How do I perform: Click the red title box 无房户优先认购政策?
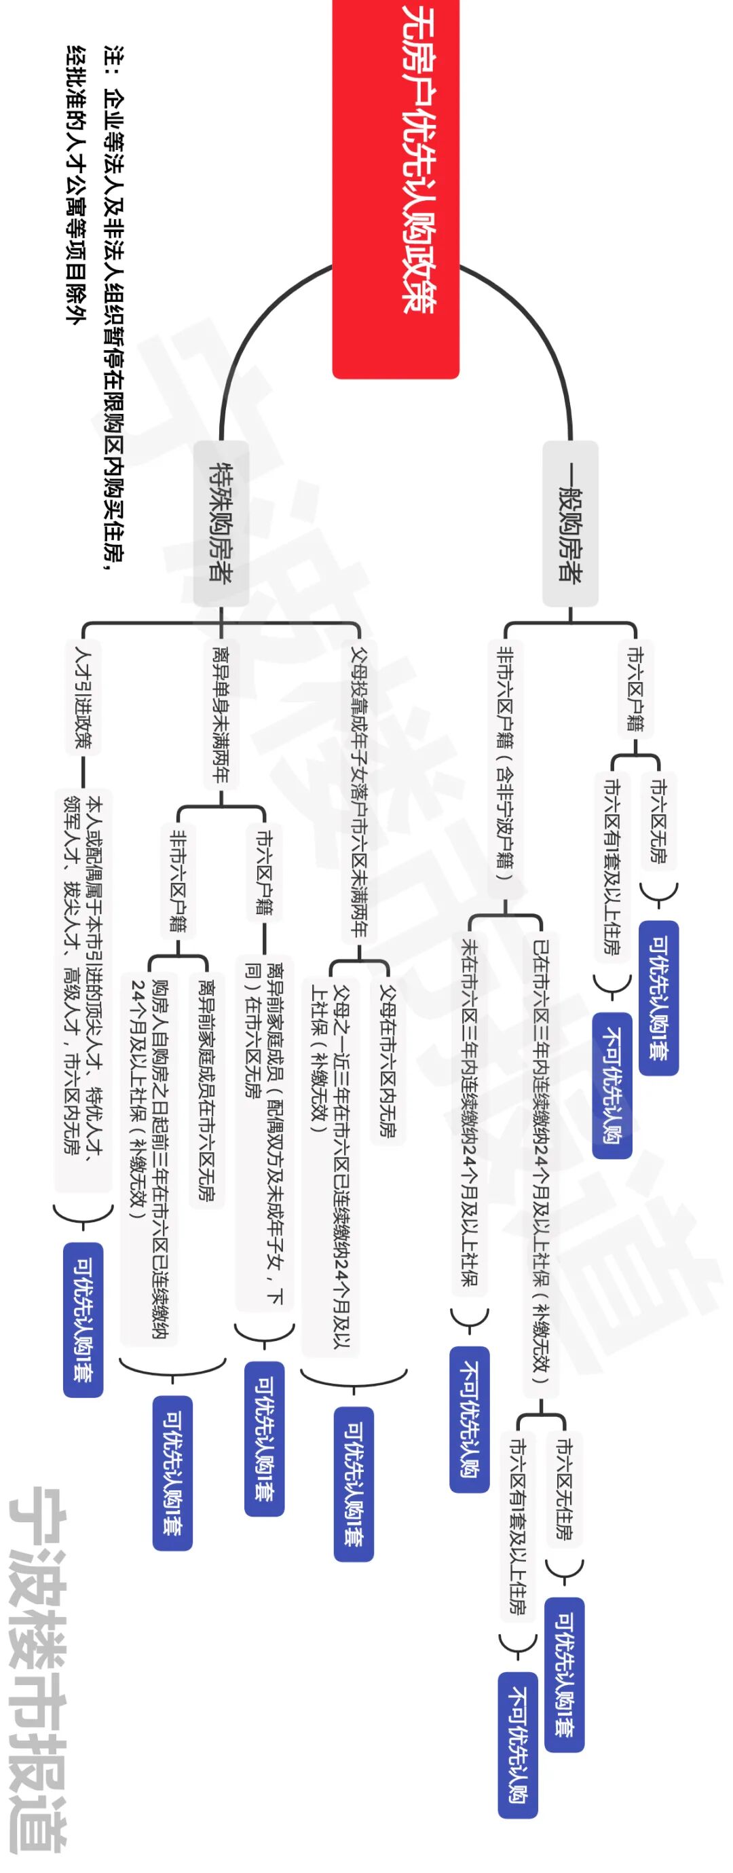tap(396, 189)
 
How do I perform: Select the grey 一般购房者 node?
tap(570, 523)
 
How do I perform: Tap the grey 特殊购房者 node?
tap(221, 523)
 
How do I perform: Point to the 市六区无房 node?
tap(658, 820)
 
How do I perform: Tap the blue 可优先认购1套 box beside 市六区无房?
tap(658, 998)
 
